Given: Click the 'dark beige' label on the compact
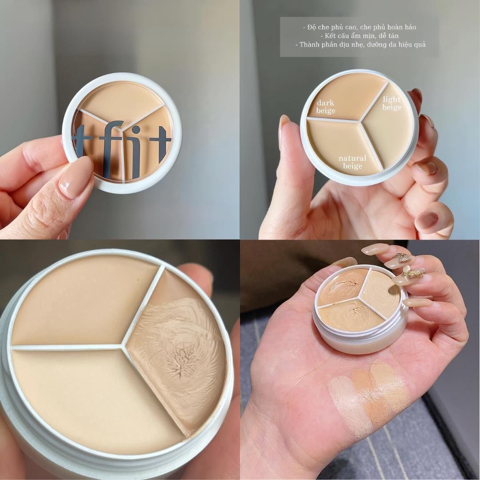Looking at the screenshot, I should pyautogui.click(x=326, y=107).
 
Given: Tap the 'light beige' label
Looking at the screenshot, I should pyautogui.click(x=392, y=103).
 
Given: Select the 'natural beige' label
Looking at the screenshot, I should pyautogui.click(x=352, y=162).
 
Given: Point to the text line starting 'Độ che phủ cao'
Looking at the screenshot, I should pyautogui.click(x=359, y=27).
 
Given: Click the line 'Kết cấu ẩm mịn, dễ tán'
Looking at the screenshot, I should pyautogui.click(x=359, y=36).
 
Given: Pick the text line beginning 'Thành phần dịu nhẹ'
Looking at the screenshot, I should pyautogui.click(x=359, y=44).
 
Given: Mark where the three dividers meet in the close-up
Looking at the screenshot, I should pyautogui.click(x=122, y=346).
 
